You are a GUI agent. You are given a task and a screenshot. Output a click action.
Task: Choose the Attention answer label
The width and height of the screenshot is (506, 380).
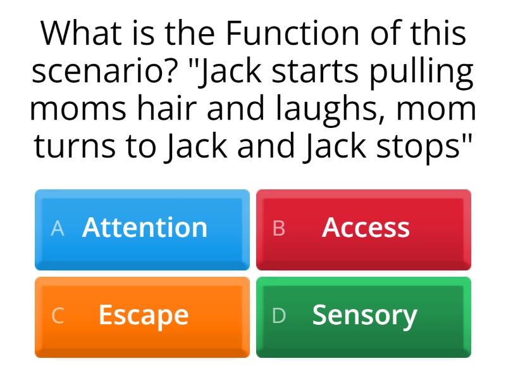coord(144,227)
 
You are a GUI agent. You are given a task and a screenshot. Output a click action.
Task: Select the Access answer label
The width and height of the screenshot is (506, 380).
coord(366,227)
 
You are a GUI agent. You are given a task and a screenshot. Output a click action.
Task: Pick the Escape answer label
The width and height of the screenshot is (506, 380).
coord(144,315)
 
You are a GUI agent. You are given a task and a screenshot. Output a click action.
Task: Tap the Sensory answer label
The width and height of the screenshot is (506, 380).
coord(365,315)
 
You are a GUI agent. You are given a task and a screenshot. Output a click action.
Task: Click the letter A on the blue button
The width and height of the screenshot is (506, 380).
coord(58,229)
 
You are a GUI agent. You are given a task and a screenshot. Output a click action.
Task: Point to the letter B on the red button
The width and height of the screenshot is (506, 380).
coord(279,229)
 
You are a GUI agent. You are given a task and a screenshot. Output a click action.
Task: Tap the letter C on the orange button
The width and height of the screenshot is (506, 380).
coord(58,316)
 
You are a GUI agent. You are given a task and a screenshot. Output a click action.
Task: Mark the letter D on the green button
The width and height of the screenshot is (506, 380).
coord(279,316)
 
